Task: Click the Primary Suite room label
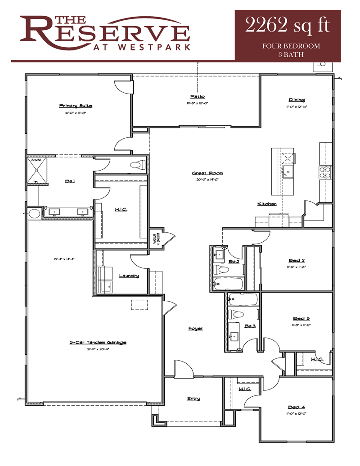point(76,106)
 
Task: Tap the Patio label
point(197,96)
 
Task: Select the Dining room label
point(297,100)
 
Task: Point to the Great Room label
point(207,173)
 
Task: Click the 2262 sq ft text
point(287,26)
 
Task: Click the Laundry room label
point(129,276)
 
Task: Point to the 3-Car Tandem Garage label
point(98,342)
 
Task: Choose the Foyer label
point(195,328)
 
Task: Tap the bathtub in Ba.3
point(242,299)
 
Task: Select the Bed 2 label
point(297,260)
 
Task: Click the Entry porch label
point(193,398)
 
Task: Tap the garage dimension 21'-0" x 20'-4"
point(98,349)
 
